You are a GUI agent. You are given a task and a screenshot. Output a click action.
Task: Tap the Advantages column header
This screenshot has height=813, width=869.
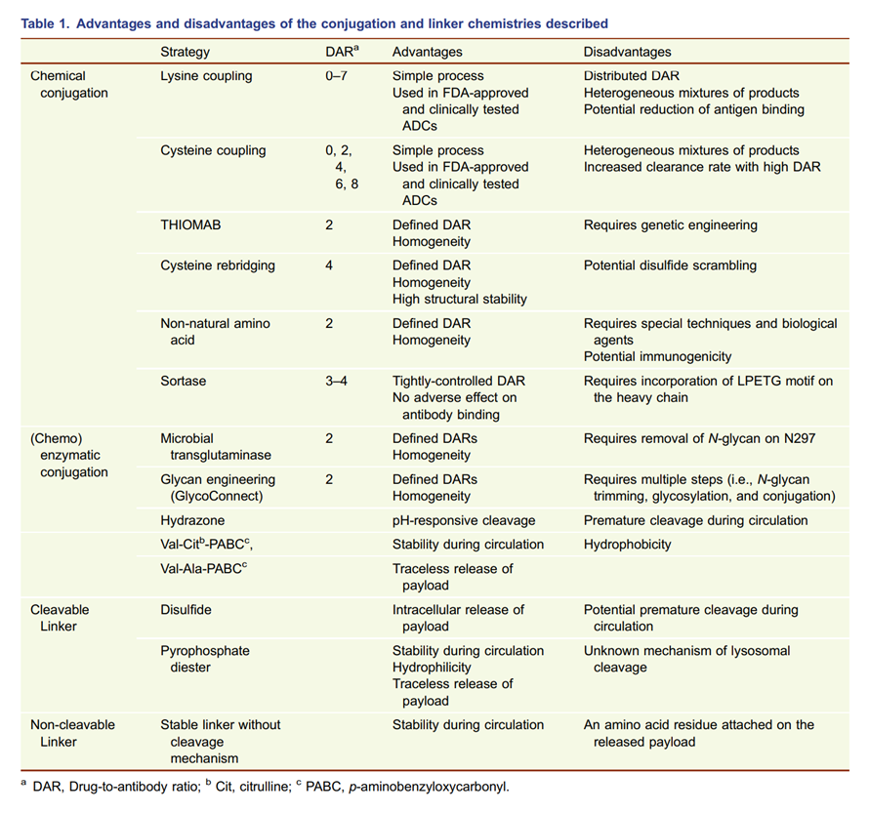pos(428,52)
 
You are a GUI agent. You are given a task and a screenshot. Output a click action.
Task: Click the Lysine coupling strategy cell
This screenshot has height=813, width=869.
pos(206,76)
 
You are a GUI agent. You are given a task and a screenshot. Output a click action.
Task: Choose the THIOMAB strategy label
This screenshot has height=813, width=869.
pos(191,224)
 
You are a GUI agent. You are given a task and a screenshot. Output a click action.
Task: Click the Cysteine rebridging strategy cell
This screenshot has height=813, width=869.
pos(218,265)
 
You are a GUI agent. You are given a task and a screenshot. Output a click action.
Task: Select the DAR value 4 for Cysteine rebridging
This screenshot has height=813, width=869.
pos(329,265)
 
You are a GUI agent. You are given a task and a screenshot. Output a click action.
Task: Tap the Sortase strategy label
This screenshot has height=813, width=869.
pos(184,381)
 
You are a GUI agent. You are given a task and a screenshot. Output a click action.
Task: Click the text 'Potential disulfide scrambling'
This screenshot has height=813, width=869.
pos(670,265)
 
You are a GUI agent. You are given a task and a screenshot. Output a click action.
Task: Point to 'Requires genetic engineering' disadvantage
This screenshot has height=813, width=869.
pos(671,224)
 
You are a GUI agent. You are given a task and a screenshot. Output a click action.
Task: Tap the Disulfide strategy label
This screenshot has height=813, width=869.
pos(186,610)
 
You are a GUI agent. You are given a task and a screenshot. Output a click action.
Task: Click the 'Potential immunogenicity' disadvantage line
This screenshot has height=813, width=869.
pos(657,357)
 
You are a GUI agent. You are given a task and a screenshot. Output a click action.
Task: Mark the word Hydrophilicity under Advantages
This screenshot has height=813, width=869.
pos(432,668)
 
